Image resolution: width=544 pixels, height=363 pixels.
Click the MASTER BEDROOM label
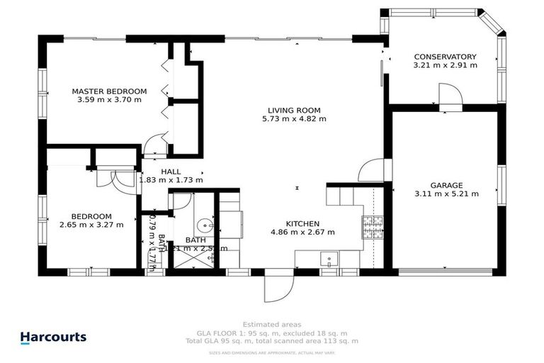pyautogui.click(x=109, y=91)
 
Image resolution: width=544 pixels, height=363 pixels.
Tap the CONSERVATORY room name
pyautogui.click(x=445, y=57)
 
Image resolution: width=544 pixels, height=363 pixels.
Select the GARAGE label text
pyautogui.click(x=446, y=184)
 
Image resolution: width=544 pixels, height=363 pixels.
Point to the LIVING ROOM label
pyautogui.click(x=294, y=110)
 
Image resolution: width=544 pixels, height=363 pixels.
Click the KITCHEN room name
pyautogui.click(x=302, y=223)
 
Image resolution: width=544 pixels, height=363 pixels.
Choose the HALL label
pyautogui.click(x=171, y=172)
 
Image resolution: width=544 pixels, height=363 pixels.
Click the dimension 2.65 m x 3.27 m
pyautogui.click(x=91, y=225)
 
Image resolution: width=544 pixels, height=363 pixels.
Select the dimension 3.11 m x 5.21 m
pyautogui.click(x=446, y=193)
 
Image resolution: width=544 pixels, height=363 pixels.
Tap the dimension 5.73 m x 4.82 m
pyautogui.click(x=294, y=119)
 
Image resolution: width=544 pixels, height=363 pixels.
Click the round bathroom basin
pyautogui.click(x=205, y=225)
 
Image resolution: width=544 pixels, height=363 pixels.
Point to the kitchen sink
pyautogui.click(x=329, y=258)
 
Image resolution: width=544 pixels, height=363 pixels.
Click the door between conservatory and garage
pyautogui.click(x=449, y=94)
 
